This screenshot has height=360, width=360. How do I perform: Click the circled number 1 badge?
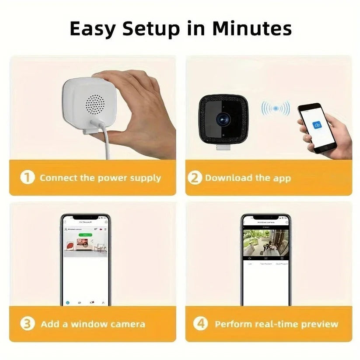tap(28, 178)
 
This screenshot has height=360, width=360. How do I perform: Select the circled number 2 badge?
tap(195, 178)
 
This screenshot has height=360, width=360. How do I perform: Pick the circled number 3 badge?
tap(28, 324)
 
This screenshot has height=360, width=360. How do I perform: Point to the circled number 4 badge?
tap(200, 324)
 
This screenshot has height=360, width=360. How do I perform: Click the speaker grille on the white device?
tap(95, 103)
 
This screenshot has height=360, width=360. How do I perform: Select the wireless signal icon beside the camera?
tap(276, 108)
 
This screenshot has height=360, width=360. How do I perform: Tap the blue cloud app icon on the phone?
tap(317, 126)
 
